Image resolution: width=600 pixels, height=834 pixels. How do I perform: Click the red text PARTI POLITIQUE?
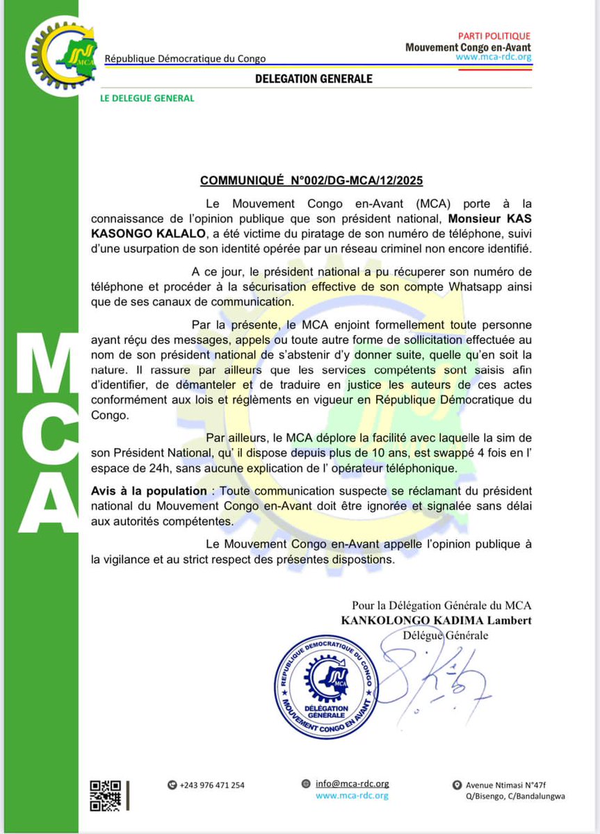pyautogui.click(x=494, y=36)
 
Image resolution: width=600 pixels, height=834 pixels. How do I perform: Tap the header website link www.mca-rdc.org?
pyautogui.click(x=494, y=58)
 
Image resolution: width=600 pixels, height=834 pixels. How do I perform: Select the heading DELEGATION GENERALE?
pyautogui.click(x=314, y=79)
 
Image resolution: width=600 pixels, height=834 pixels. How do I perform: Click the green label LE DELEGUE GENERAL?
pyautogui.click(x=147, y=98)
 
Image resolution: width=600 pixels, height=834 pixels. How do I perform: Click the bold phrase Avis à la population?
pyautogui.click(x=149, y=491)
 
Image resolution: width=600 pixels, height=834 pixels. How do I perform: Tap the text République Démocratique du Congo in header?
pyautogui.click(x=184, y=59)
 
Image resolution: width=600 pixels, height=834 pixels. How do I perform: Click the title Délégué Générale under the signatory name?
pyautogui.click(x=446, y=635)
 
